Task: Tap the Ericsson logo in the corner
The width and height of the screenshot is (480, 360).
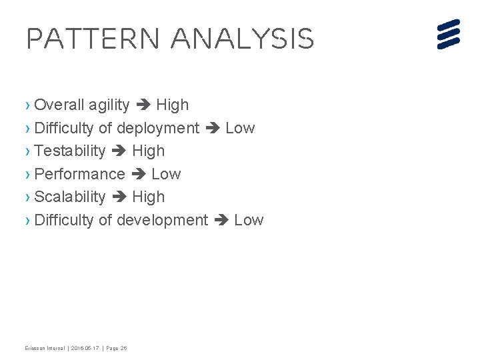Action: (449, 34)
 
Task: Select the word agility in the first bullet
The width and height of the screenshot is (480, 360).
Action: (109, 105)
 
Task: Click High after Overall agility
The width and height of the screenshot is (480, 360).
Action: (172, 105)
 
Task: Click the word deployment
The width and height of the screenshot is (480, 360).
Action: (158, 128)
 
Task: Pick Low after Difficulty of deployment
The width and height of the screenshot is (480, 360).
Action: (240, 128)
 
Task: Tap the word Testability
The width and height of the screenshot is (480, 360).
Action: (69, 151)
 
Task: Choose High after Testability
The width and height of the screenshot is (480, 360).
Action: (148, 151)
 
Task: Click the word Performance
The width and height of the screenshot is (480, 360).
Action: (79, 174)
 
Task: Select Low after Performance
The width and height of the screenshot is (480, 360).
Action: (166, 174)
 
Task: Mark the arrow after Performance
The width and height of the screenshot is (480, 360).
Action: (138, 175)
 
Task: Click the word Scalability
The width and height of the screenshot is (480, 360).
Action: (69, 197)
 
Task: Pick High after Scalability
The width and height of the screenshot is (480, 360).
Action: (148, 197)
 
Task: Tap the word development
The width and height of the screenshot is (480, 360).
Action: (162, 220)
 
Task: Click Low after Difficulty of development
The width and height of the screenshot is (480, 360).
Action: (249, 220)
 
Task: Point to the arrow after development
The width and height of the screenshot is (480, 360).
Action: (221, 221)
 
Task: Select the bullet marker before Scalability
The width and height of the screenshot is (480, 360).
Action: (27, 197)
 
